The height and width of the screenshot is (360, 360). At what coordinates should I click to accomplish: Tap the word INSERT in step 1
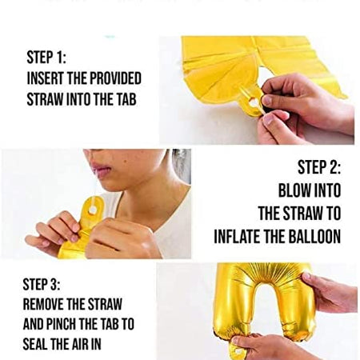(x=46, y=79)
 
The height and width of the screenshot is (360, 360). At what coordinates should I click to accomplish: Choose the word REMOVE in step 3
(x=48, y=305)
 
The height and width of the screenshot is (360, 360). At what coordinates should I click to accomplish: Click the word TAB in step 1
(x=128, y=100)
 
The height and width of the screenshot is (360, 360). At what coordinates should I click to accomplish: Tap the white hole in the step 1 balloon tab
(x=254, y=102)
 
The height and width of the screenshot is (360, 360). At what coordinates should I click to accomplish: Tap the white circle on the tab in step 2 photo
(x=94, y=208)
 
